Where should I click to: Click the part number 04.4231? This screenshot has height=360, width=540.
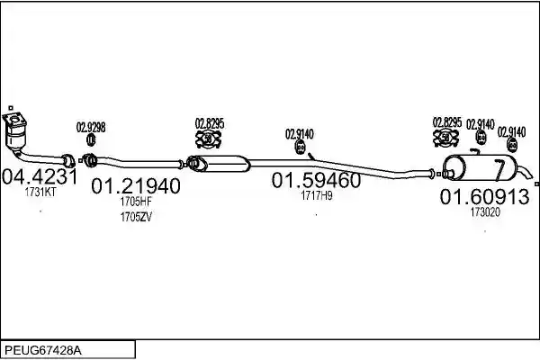[40, 177]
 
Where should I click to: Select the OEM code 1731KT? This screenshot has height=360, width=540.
[40, 193]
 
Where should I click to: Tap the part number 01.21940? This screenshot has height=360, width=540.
[136, 186]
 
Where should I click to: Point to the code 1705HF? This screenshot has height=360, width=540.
[136, 202]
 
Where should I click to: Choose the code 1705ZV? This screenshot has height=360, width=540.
[136, 217]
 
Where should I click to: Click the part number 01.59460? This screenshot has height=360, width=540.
[316, 180]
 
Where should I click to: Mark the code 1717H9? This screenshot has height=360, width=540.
[317, 195]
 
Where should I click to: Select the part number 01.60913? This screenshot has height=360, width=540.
[484, 197]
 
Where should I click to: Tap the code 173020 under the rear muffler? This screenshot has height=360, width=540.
[485, 211]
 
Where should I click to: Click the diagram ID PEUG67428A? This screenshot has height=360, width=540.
[43, 351]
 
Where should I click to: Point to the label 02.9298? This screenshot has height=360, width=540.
[91, 128]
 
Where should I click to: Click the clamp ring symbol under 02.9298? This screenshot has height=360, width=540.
[91, 139]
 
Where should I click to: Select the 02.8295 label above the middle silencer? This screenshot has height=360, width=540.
[210, 123]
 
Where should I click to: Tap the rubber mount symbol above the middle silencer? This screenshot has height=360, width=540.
[209, 139]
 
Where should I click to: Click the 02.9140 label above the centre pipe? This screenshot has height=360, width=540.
[300, 134]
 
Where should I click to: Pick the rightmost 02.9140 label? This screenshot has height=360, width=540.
[512, 132]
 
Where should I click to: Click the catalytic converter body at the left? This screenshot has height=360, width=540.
[16, 137]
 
